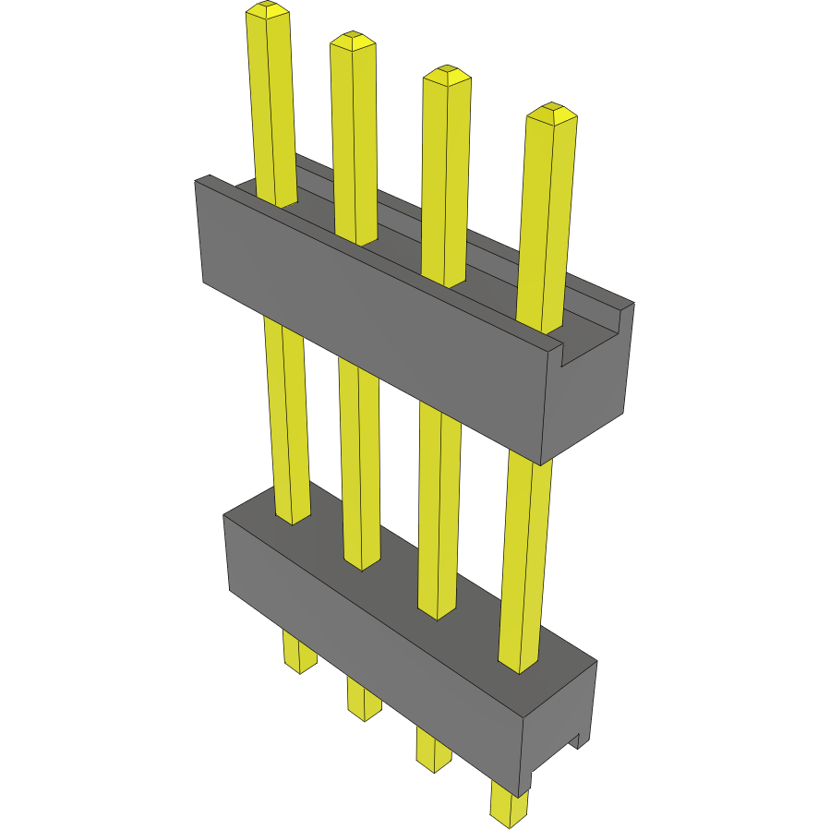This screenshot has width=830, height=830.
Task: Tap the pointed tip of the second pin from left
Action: click(x=353, y=40)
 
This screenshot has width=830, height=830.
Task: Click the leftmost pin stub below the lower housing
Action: click(x=298, y=653)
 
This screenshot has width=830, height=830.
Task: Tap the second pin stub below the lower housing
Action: click(x=364, y=699)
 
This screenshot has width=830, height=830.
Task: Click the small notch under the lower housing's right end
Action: click(x=574, y=741)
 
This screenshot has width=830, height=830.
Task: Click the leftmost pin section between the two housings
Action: click(x=286, y=415)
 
